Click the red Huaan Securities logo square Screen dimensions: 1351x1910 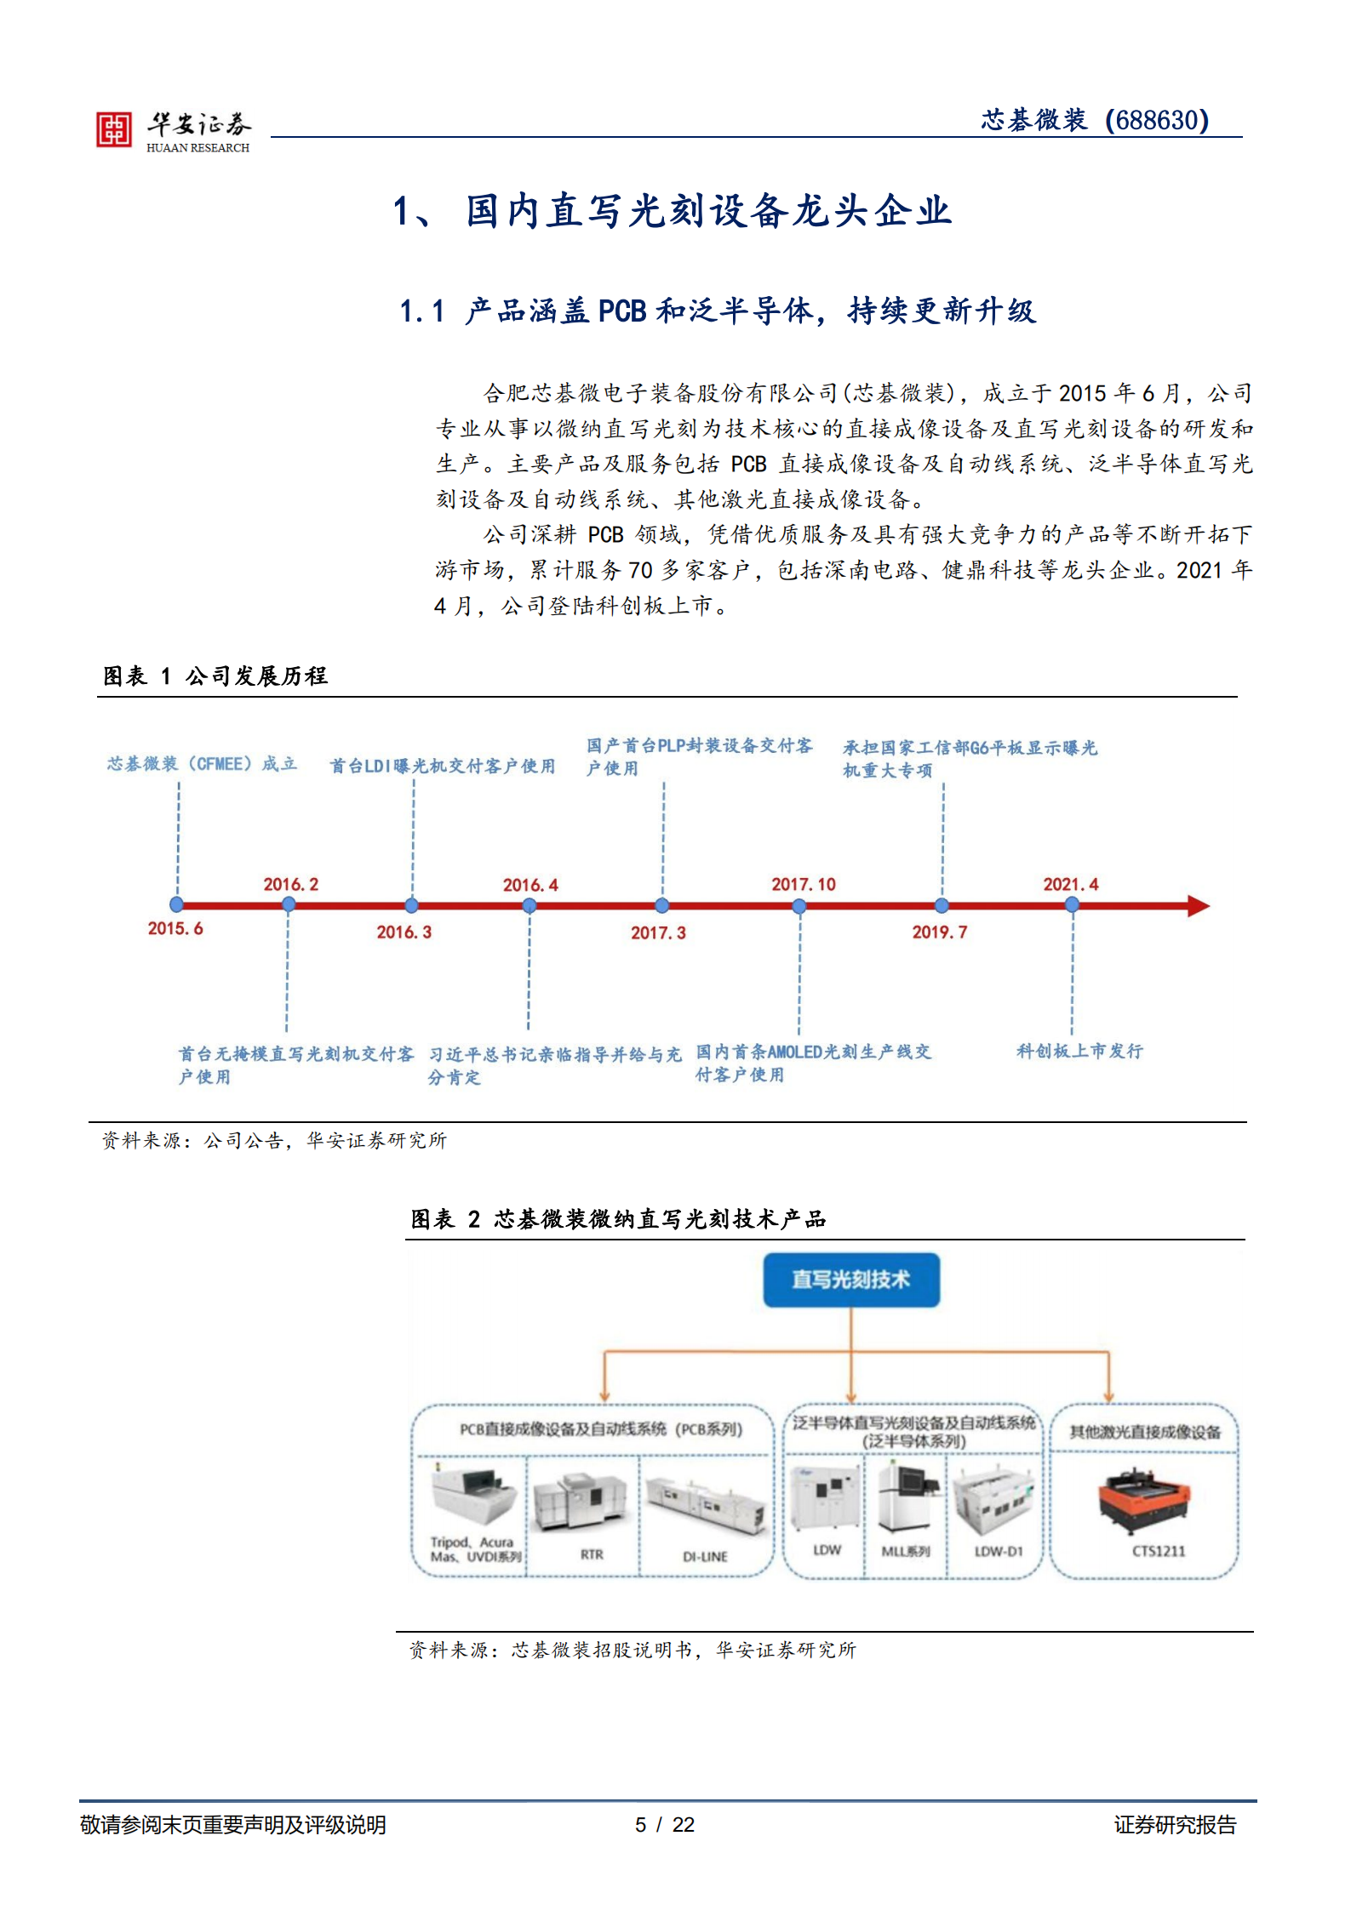pos(114,129)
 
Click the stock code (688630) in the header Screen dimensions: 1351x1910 pos(1157,120)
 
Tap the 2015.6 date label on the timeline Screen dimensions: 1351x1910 pos(175,928)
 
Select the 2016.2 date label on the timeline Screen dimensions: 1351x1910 pos(290,884)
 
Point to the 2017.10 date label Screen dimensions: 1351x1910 pos(803,884)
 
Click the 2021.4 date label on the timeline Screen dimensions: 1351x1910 pos(1070,884)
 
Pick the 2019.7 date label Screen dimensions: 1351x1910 pos(939,932)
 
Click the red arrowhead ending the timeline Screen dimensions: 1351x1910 pos(1198,906)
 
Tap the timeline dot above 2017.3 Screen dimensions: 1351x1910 pos(662,906)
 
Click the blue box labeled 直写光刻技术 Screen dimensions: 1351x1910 pos(850,1280)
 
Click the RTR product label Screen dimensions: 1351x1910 pos(592,1554)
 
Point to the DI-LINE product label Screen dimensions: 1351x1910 pos(705,1556)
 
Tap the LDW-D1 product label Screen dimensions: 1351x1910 pos(998,1551)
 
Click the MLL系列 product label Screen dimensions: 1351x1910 pos(905,1551)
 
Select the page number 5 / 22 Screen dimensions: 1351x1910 pos(664,1824)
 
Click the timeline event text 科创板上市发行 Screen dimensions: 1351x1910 pos(1079,1051)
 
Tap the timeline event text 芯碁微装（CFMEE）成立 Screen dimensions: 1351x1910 pos(202,763)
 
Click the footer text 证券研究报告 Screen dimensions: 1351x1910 pos(1175,1824)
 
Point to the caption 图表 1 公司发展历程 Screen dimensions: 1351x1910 pos(215,676)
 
